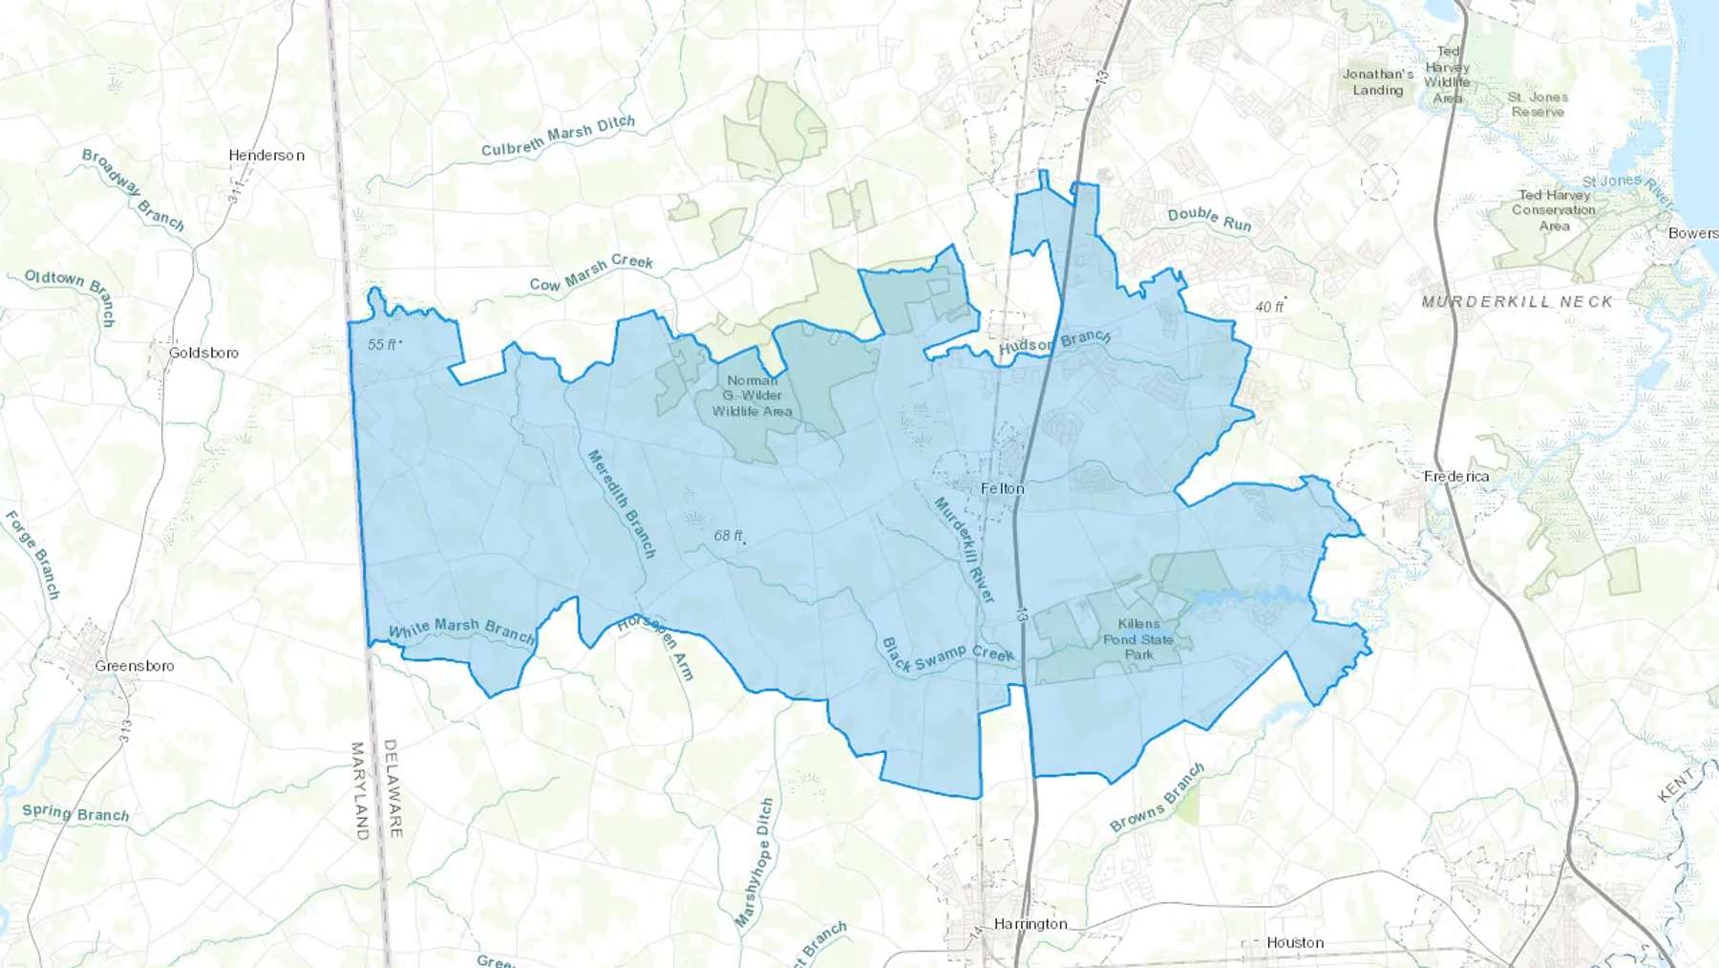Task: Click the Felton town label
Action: tap(1003, 488)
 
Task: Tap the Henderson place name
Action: tap(266, 155)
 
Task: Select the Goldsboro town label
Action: tap(203, 353)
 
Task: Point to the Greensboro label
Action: tap(135, 666)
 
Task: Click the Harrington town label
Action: tap(1030, 924)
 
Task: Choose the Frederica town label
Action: tap(1456, 476)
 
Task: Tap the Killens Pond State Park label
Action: tap(1138, 639)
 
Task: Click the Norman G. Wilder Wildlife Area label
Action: tap(753, 396)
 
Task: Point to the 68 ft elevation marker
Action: tap(729, 536)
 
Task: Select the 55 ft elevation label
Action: tap(382, 344)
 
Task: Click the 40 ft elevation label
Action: tap(1269, 307)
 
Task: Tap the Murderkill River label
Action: tap(965, 549)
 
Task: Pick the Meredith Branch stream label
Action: tap(622, 504)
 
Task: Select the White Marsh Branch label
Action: tap(461, 630)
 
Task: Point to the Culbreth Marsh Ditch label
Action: tap(558, 137)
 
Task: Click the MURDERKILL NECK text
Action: tap(1517, 302)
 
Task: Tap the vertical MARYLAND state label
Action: tap(360, 791)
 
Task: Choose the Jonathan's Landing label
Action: tap(1378, 82)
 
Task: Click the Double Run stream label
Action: tap(1209, 220)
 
